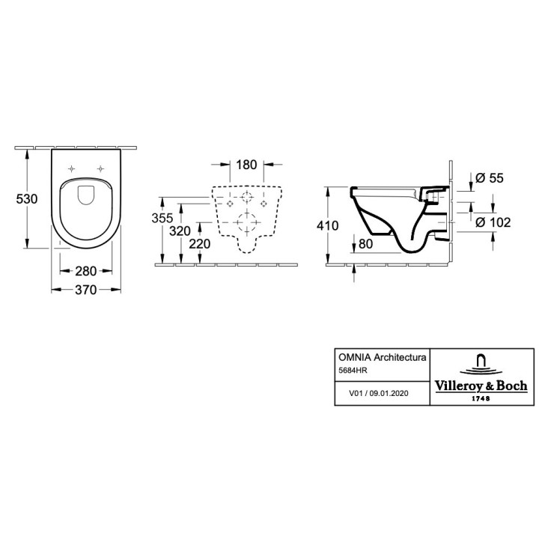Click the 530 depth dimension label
point(27,199)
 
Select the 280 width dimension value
point(86,271)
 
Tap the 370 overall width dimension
point(86,290)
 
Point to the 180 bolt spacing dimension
point(246,165)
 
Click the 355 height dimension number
point(162,218)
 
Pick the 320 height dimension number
point(180,231)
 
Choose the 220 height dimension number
point(200,244)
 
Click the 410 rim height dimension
point(328,225)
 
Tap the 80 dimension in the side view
point(365,244)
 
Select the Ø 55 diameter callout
point(489,177)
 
